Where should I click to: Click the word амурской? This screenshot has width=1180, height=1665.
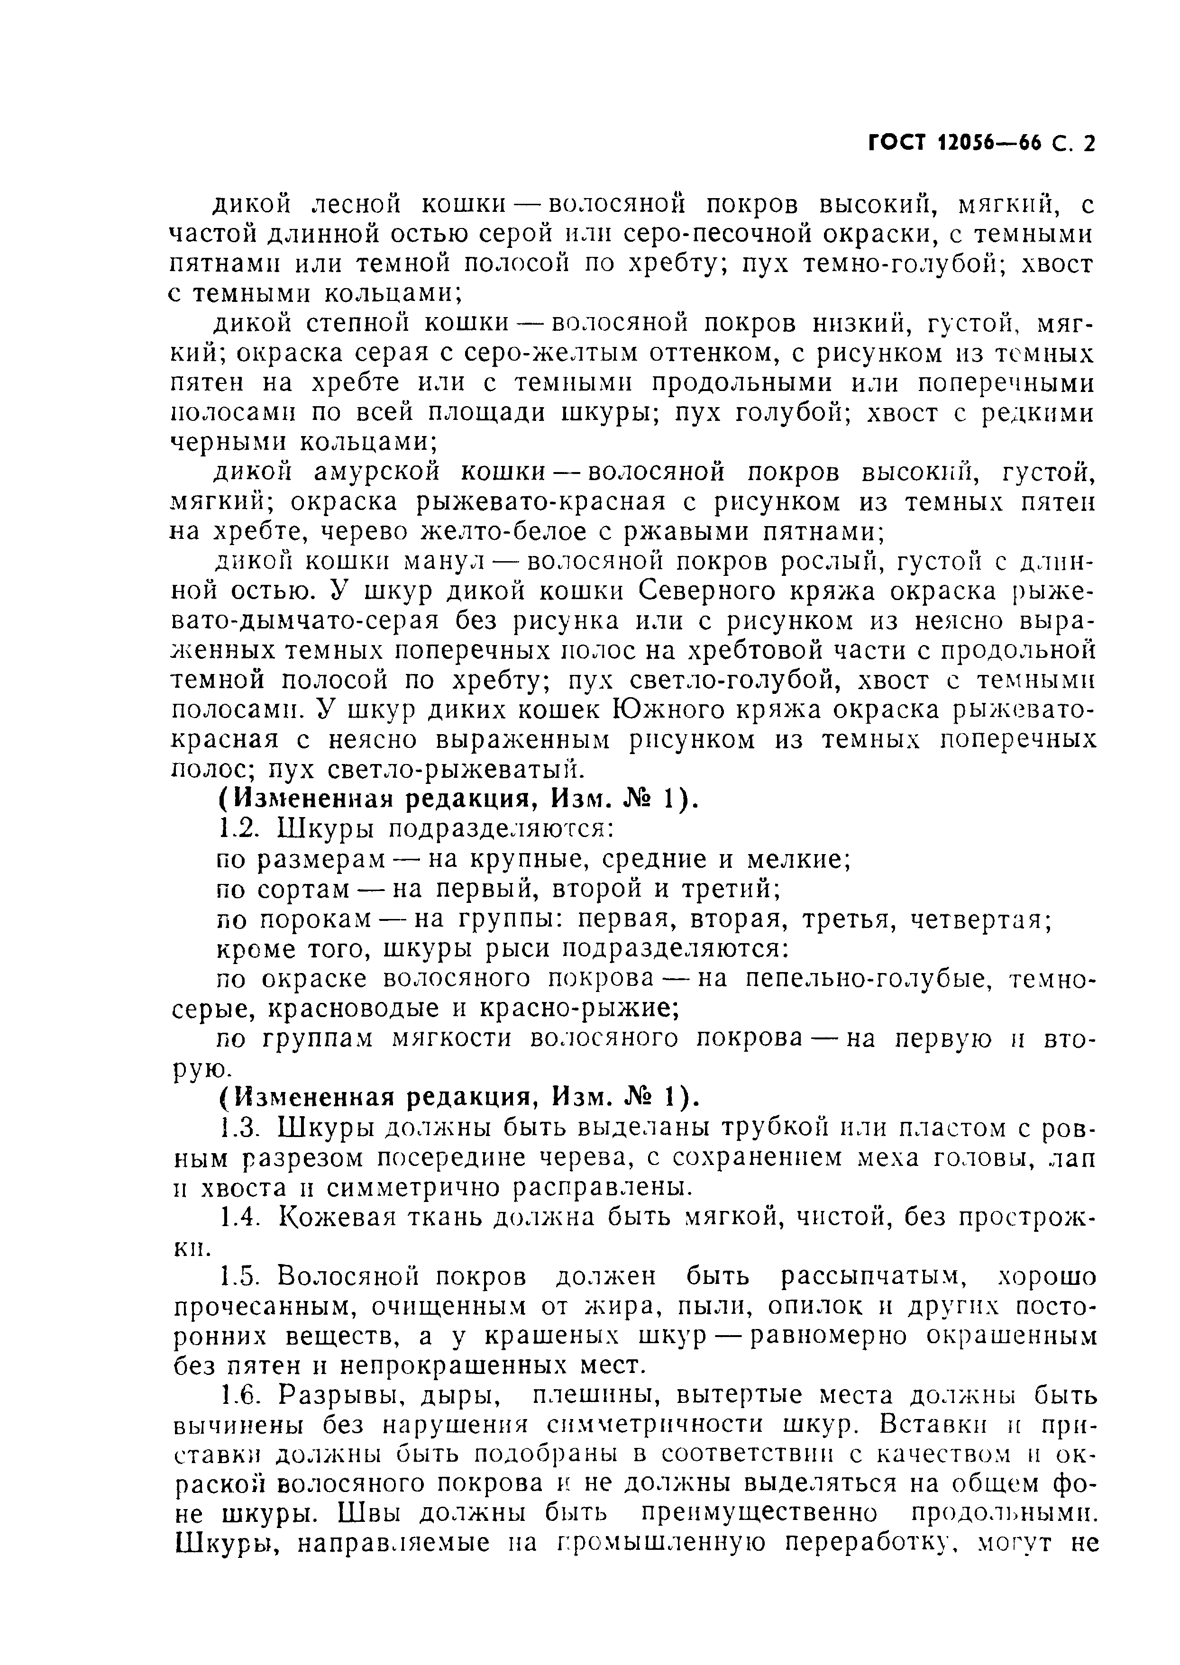(x=377, y=473)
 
